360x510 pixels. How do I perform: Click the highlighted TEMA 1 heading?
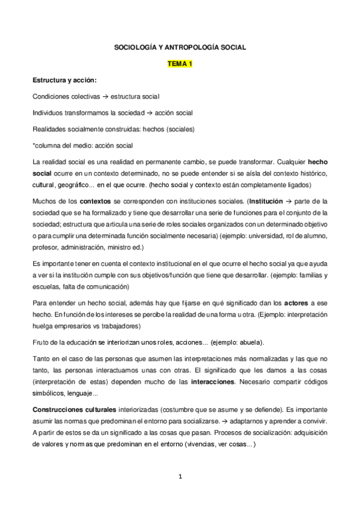[x=179, y=64]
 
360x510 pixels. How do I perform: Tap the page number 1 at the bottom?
[x=179, y=478]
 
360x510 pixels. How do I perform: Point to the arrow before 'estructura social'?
[x=105, y=96]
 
